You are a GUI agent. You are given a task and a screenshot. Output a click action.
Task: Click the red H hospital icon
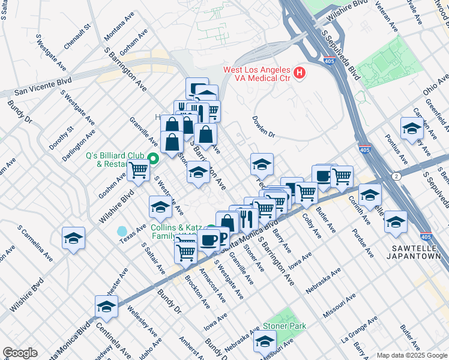pyautogui.click(x=300, y=74)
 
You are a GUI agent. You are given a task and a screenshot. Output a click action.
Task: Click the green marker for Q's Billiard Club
pyautogui.click(x=153, y=159)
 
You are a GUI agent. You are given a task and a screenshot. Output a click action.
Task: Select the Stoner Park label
pyautogui.click(x=285, y=326)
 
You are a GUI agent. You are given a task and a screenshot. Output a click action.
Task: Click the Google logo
pyautogui.click(x=20, y=353)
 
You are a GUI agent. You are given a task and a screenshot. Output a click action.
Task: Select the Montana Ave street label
pyautogui.click(x=118, y=37)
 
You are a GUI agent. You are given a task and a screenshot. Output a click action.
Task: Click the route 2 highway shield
pyautogui.click(x=397, y=176)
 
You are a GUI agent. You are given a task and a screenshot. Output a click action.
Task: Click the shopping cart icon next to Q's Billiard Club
pyautogui.click(x=138, y=170)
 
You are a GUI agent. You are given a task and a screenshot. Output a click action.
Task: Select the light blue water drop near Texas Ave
pyautogui.click(x=122, y=231)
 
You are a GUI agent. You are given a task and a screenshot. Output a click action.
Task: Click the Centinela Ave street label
pyautogui.click(x=113, y=343)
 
